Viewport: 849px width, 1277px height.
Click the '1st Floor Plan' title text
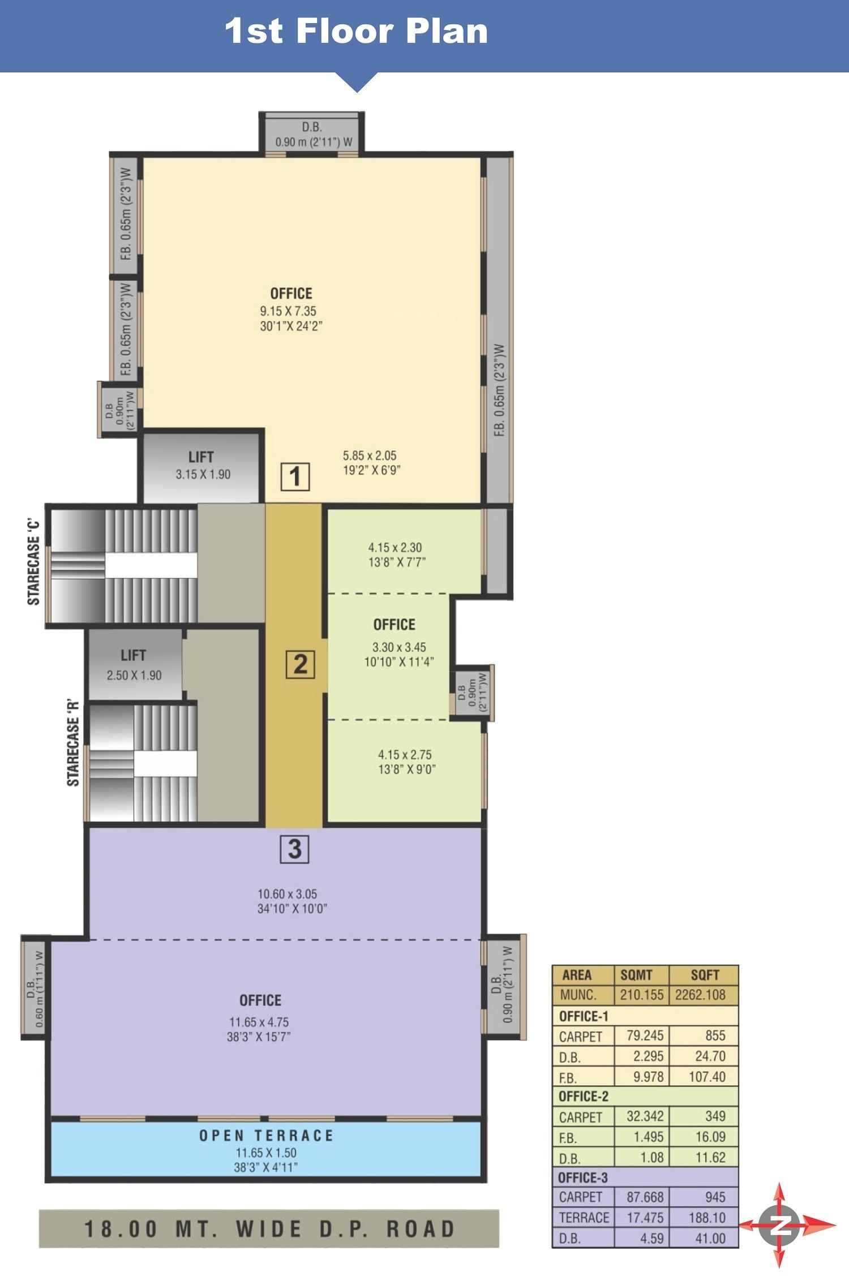point(356,31)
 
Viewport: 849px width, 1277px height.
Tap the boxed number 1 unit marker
point(295,476)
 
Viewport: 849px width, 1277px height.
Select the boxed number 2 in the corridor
point(300,664)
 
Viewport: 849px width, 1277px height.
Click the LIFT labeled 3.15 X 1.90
point(201,465)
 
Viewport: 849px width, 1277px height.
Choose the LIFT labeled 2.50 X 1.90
point(134,664)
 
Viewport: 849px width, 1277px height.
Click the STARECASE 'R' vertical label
point(74,745)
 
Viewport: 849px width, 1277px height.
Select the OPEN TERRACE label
point(266,1136)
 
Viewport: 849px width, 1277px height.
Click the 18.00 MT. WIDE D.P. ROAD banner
point(269,1229)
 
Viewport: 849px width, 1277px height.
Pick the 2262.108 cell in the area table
point(700,995)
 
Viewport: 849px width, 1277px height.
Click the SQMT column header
point(636,975)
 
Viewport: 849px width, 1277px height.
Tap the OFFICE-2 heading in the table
point(584,1097)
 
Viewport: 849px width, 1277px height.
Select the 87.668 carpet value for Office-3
point(645,1197)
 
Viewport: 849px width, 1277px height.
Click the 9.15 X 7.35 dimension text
point(288,311)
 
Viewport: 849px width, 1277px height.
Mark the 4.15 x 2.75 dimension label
point(405,754)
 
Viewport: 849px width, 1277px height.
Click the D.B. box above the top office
point(312,134)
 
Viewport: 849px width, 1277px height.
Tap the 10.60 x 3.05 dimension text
point(287,894)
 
